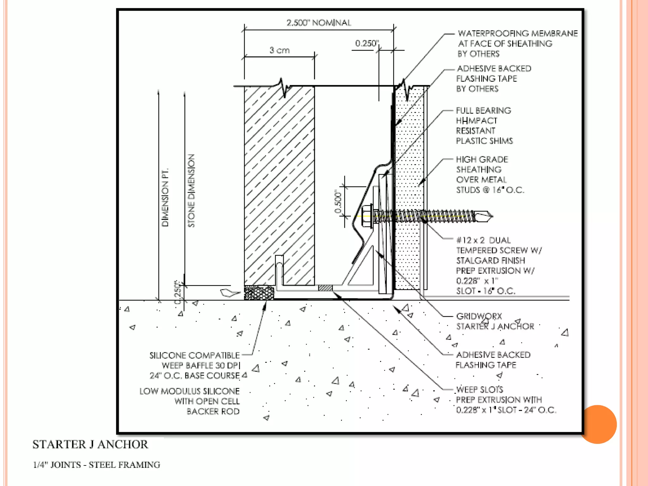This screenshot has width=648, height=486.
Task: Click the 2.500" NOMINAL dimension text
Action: click(319, 23)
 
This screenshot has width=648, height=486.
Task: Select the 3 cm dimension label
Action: click(279, 50)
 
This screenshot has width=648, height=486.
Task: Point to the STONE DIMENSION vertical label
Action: click(191, 190)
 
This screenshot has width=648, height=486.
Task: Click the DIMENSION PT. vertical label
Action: click(165, 197)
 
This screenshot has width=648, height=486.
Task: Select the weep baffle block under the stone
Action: click(259, 293)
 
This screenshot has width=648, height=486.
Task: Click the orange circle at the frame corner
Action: click(598, 424)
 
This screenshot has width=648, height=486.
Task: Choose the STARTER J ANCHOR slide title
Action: click(90, 445)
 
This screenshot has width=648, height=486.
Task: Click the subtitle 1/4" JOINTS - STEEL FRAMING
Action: click(97, 465)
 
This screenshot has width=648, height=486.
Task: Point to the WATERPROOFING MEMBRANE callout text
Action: click(518, 34)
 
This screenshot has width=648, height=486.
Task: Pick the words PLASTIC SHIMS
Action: click(484, 141)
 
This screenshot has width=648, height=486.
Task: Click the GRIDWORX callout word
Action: click(479, 316)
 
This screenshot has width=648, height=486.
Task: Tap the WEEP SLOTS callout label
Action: click(479, 389)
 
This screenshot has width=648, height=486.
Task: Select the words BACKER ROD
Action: click(213, 411)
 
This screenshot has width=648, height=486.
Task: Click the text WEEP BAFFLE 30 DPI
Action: click(201, 365)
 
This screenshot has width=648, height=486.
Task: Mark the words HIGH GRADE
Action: click(482, 159)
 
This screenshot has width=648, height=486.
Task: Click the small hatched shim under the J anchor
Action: click(325, 288)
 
